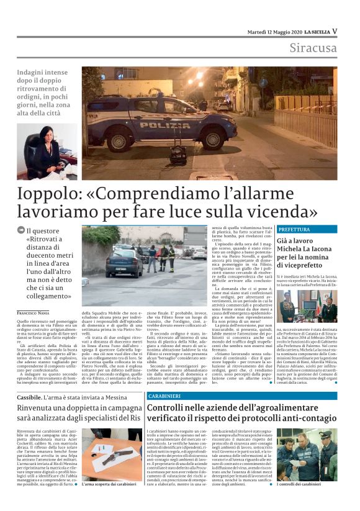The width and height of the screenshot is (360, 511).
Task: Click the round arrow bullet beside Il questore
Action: tap(20, 232)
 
